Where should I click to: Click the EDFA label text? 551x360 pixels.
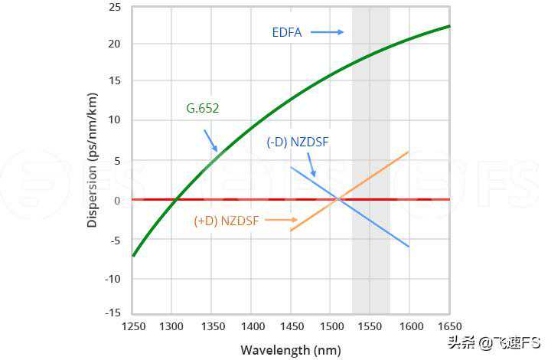[x=287, y=32]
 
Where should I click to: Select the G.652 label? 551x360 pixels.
[x=203, y=109]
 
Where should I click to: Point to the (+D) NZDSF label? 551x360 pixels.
[x=227, y=221]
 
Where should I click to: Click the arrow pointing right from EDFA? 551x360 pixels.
[x=327, y=32]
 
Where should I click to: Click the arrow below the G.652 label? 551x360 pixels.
[x=211, y=141]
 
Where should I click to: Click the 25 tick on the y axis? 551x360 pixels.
[x=116, y=8]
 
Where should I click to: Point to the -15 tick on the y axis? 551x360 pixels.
[x=112, y=312]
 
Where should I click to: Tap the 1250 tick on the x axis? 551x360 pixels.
[x=133, y=326]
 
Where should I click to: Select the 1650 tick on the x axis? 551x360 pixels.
[x=449, y=326]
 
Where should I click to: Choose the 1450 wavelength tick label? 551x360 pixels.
[x=292, y=326]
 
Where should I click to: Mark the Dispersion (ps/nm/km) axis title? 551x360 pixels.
[x=93, y=160]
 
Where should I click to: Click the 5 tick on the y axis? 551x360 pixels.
[x=118, y=160]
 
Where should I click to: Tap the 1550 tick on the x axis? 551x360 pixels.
[x=370, y=326]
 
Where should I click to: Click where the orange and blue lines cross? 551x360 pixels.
[x=338, y=199]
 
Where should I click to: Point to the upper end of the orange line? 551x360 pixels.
[x=409, y=152]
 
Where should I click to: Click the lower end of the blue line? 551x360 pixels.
[x=409, y=247]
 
